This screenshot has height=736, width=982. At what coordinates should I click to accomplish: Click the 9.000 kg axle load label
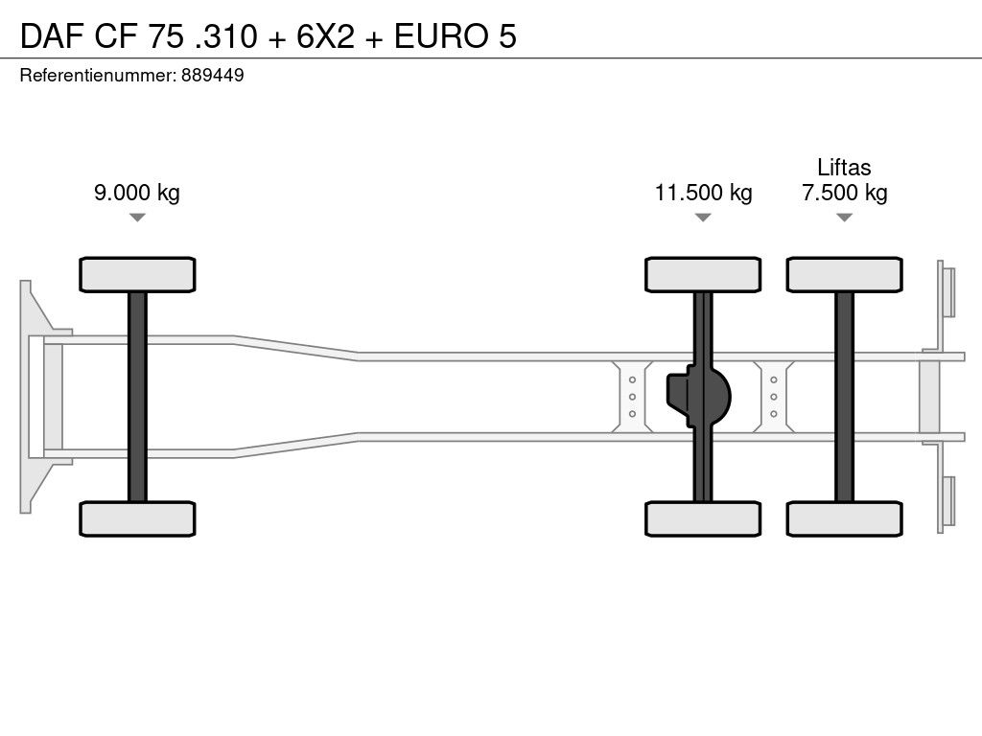[x=136, y=192]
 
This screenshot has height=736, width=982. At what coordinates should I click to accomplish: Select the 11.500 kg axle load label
[x=703, y=192]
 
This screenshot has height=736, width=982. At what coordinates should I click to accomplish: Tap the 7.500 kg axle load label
[x=844, y=192]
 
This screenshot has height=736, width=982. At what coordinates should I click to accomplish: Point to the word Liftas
[x=844, y=167]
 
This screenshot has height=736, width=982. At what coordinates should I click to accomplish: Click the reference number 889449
[x=212, y=75]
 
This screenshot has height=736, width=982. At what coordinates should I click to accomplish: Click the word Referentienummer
[x=98, y=75]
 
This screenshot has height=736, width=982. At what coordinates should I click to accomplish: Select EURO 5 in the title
[x=456, y=35]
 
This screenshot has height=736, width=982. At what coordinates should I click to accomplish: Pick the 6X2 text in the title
[x=325, y=35]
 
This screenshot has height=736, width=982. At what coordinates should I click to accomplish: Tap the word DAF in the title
[x=52, y=35]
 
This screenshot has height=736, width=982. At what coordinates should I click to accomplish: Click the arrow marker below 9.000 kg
[x=137, y=218]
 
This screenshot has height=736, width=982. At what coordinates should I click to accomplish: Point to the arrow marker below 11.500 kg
[x=703, y=218]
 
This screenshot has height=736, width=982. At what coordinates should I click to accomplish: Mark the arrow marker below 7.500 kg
[x=845, y=218]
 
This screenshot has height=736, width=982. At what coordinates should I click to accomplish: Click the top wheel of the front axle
[x=137, y=275]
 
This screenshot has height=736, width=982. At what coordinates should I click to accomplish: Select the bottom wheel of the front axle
[x=137, y=518]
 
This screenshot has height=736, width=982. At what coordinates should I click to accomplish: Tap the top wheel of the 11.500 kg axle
[x=703, y=275]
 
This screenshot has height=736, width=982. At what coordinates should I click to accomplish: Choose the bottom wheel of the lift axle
[x=845, y=518]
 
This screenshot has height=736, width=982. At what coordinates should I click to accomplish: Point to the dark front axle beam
[x=137, y=397]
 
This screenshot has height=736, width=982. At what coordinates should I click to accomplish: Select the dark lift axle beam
[x=845, y=397]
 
